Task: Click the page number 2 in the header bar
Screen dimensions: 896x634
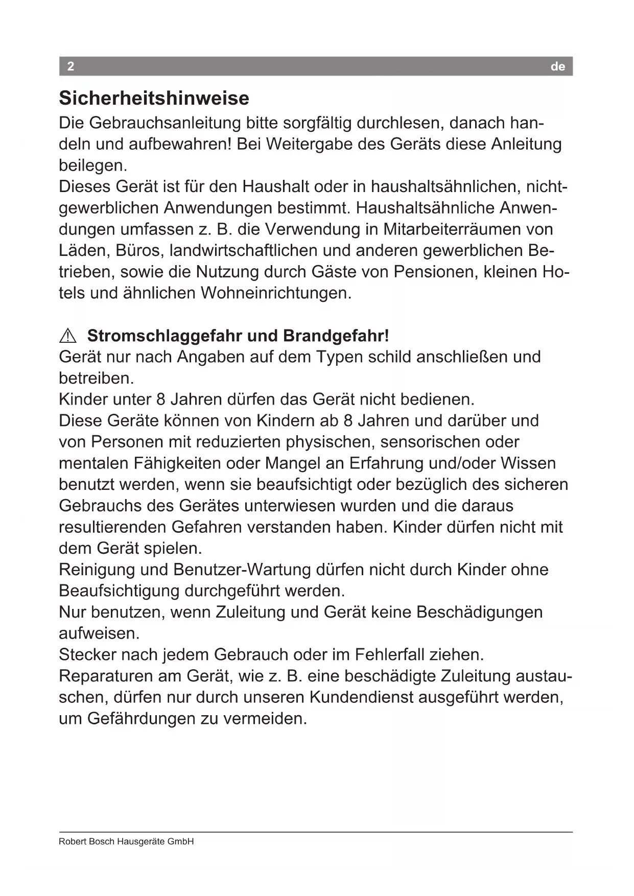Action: (x=71, y=66)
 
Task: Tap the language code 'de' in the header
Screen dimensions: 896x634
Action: (x=558, y=67)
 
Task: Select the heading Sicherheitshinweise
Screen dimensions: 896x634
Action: (x=154, y=98)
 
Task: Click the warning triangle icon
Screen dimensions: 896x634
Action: (x=67, y=336)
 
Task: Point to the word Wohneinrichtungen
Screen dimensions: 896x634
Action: (x=276, y=293)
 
